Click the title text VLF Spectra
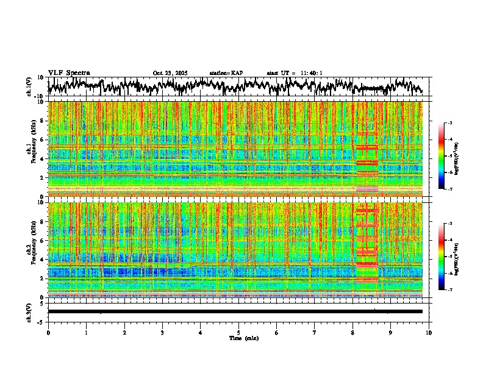pyautogui.click(x=69, y=73)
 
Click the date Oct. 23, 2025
pyautogui.click(x=170, y=73)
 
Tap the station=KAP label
pyautogui.click(x=226, y=73)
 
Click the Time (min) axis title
pyautogui.click(x=238, y=338)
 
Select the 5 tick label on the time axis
pyautogui.click(x=238, y=332)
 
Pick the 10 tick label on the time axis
pyautogui.click(x=429, y=332)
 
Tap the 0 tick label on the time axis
pyautogui.click(x=48, y=332)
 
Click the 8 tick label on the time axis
pyautogui.click(x=352, y=332)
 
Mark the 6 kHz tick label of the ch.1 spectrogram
pyautogui.click(x=43, y=140)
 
